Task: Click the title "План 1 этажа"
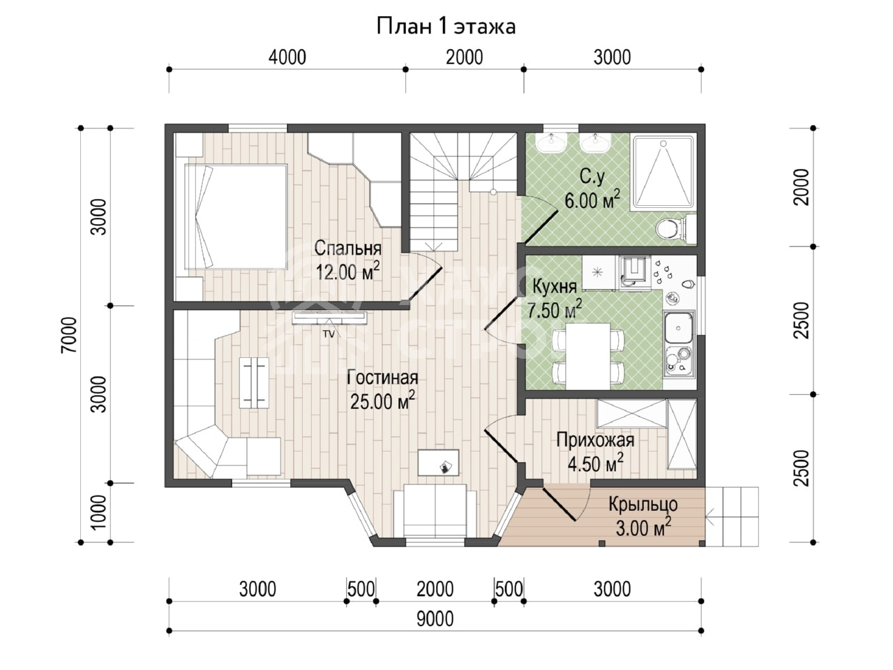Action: [446, 27]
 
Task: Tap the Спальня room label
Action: [348, 248]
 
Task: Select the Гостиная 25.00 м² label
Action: [382, 389]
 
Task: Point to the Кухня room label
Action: [555, 288]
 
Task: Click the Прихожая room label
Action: [595, 440]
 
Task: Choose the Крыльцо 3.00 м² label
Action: [643, 516]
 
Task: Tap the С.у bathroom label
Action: [592, 177]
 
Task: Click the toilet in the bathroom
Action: [675, 228]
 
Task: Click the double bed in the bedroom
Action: [236, 216]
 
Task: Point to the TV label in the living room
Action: [329, 334]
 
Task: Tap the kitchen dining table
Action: [588, 356]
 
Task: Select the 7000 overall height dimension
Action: [68, 335]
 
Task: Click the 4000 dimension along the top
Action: [287, 57]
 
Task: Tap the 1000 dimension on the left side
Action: [98, 512]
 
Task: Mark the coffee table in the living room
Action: [254, 382]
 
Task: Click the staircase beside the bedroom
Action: [463, 192]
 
